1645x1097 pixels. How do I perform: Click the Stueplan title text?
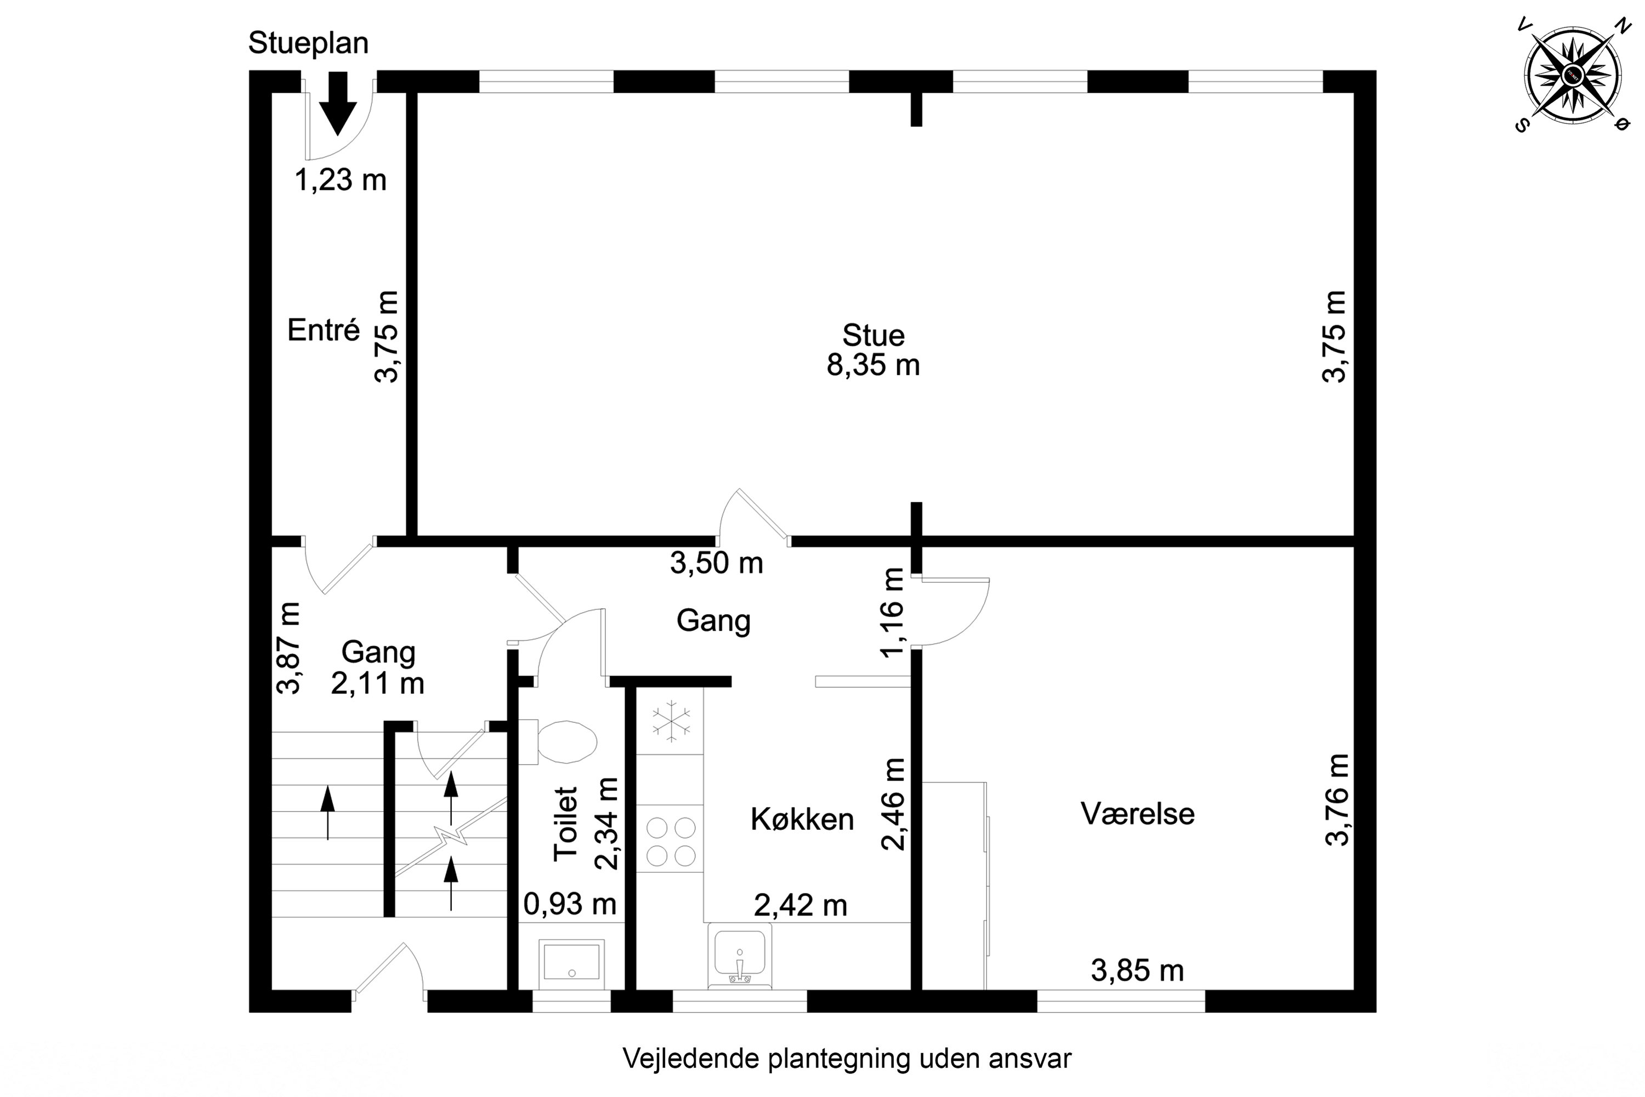tap(308, 43)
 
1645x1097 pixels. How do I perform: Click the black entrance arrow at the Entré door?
tap(338, 103)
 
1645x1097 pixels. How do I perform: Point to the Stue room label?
tap(873, 335)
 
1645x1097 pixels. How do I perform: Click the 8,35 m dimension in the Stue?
tap(873, 365)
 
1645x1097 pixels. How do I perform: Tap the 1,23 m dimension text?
tap(340, 180)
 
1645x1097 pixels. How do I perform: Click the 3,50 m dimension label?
tap(716, 563)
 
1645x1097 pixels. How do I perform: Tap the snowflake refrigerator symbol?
tap(671, 721)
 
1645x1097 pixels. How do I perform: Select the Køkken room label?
tap(802, 819)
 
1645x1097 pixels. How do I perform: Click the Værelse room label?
tap(1137, 813)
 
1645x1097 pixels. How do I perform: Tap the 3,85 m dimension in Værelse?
tap(1137, 970)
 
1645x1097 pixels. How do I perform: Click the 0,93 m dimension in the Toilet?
tap(570, 904)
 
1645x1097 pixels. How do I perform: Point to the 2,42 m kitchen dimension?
tap(801, 906)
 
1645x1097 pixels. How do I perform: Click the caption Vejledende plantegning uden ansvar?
tap(847, 1059)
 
